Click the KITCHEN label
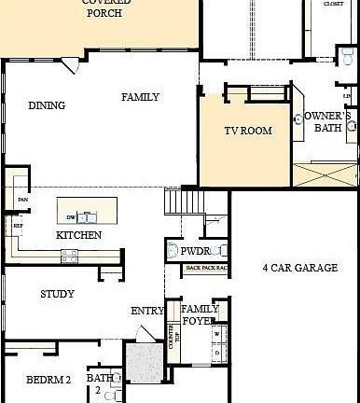pos(79,235)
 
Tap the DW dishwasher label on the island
pos(70,217)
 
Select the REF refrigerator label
pos(17,225)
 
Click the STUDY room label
pos(57,294)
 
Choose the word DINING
pos(47,105)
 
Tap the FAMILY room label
pos(140,97)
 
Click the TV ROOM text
pos(248,131)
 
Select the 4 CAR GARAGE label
pos(299,268)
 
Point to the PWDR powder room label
pos(195,251)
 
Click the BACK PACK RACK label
pos(206,269)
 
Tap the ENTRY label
pos(147,312)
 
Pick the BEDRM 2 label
pos(48,380)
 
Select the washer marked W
pos(217,333)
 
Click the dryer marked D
pos(217,353)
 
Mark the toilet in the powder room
pos(173,251)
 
